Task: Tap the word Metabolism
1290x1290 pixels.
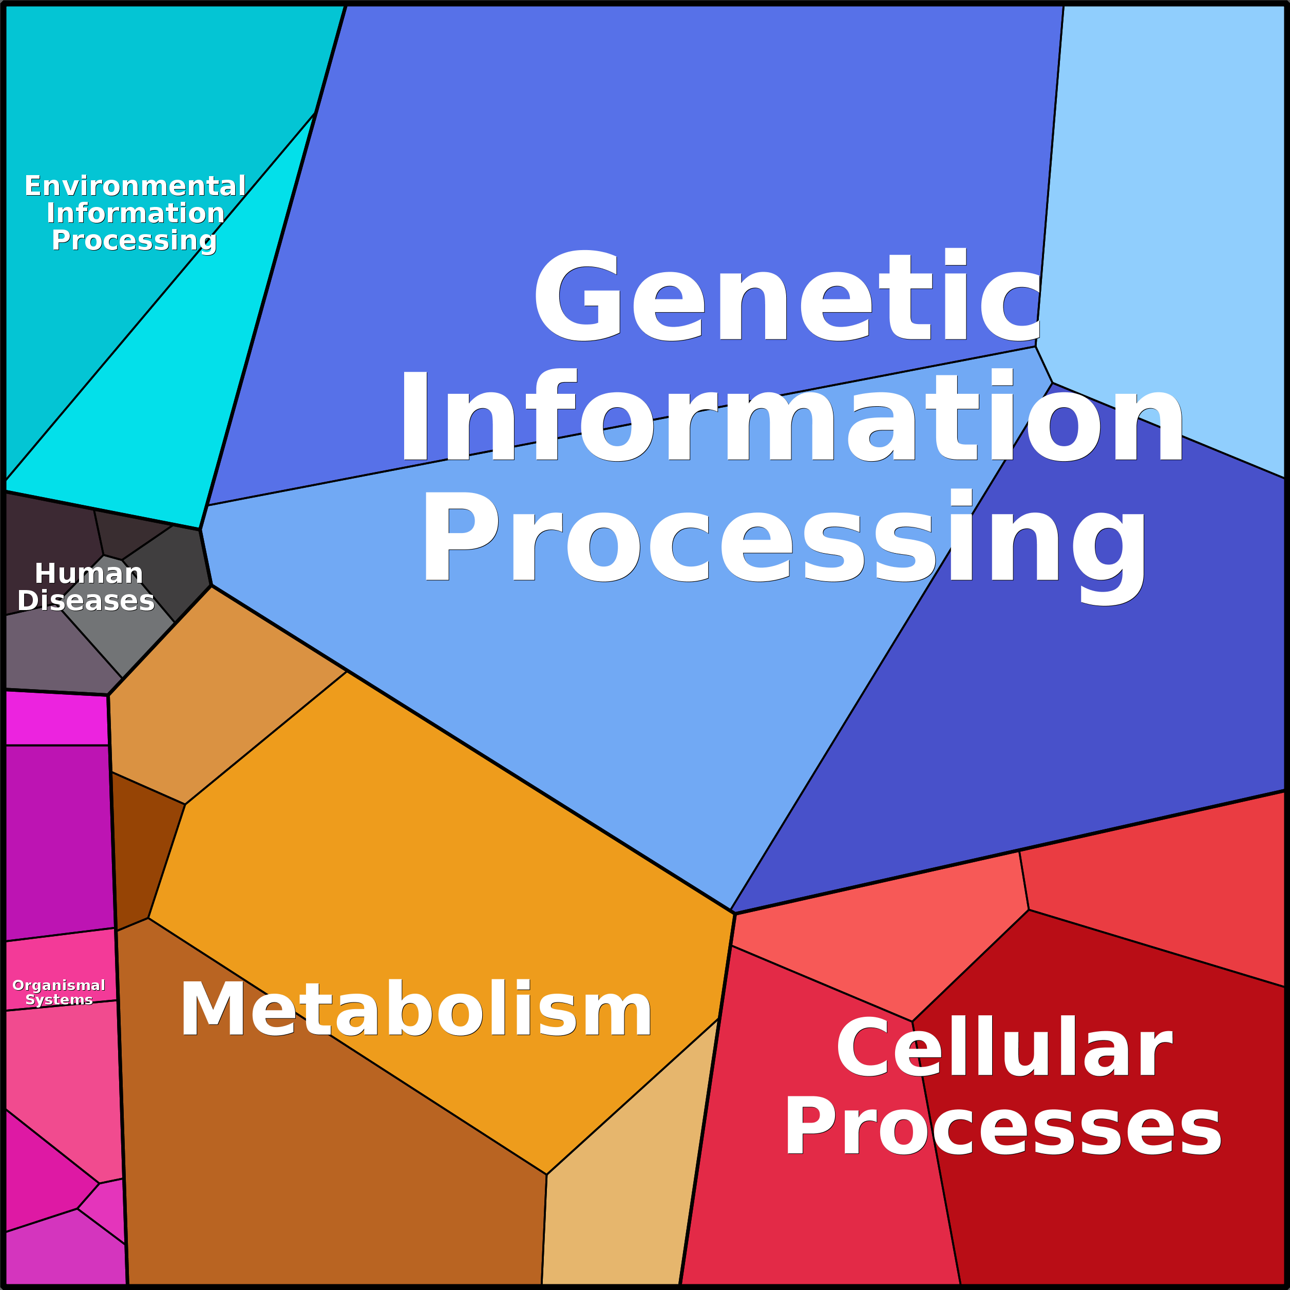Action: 415,1010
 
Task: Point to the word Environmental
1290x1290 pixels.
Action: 135,185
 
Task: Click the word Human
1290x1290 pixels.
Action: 89,573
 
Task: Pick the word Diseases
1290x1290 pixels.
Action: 86,600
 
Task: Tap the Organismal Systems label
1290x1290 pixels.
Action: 59,992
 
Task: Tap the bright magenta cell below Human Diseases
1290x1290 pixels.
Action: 57,718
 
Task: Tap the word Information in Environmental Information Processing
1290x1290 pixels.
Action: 136,213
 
